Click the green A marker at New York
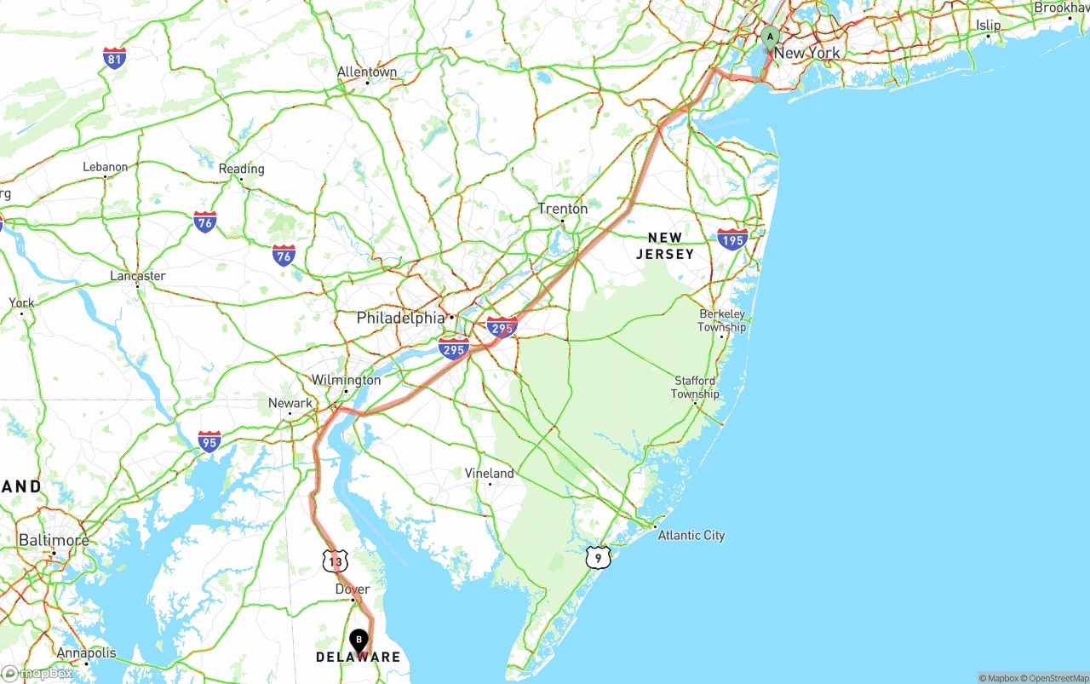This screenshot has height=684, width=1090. click(x=770, y=37)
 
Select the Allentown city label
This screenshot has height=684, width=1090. click(x=367, y=72)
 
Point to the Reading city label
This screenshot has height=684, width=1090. click(x=241, y=169)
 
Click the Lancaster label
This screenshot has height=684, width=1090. click(x=138, y=276)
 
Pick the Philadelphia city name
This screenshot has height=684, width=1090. click(x=400, y=318)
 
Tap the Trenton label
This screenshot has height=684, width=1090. click(x=562, y=209)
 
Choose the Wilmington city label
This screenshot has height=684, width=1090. click(x=346, y=380)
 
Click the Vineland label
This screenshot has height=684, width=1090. click(x=489, y=474)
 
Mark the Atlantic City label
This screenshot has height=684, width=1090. click(x=691, y=535)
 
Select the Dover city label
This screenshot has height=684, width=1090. click(x=353, y=589)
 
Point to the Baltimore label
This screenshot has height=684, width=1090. click(x=53, y=541)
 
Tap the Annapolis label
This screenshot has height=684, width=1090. click(x=86, y=653)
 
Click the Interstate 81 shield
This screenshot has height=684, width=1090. click(x=114, y=58)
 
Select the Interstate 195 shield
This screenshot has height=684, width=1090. click(x=732, y=238)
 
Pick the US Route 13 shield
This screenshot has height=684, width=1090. click(x=336, y=560)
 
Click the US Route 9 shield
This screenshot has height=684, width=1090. click(x=599, y=558)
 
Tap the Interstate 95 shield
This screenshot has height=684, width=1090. click(x=209, y=440)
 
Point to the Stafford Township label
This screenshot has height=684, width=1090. click(x=695, y=388)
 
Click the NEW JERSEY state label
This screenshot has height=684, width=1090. click(x=665, y=246)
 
